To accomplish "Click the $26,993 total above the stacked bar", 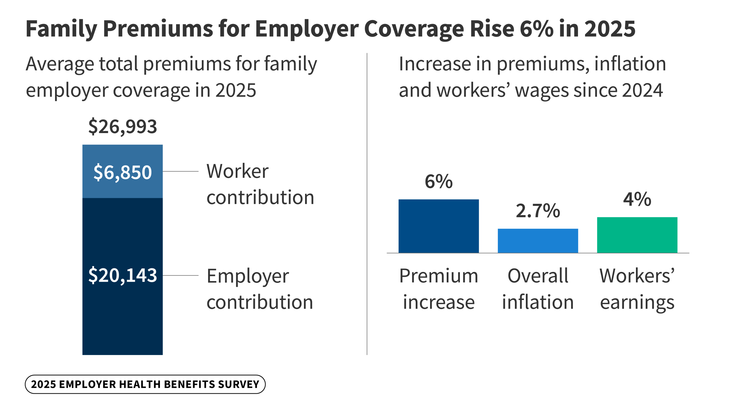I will (x=122, y=126).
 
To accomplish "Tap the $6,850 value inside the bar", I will (x=122, y=172).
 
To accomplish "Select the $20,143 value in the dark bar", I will (x=122, y=275).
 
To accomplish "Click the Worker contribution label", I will (x=260, y=184).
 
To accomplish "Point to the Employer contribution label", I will (x=259, y=289).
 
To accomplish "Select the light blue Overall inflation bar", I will (x=538, y=241).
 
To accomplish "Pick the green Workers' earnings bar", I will (x=637, y=235).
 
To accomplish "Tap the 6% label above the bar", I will (x=438, y=182).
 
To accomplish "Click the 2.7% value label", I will (x=538, y=211).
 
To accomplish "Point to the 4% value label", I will (x=637, y=199).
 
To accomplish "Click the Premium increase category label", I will (x=438, y=289).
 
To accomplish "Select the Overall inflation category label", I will (x=538, y=289).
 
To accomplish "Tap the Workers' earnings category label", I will (x=637, y=289).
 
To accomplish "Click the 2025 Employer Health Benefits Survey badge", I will (x=145, y=384).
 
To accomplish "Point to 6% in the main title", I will (x=536, y=29).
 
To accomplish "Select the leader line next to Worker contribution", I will (x=180, y=171).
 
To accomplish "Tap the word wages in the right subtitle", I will (x=542, y=90).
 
